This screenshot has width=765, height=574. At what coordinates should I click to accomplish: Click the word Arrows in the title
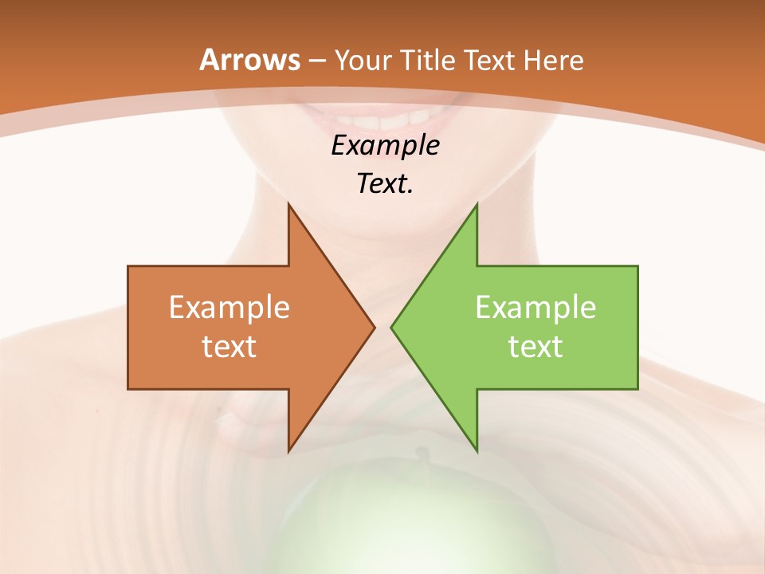(x=249, y=60)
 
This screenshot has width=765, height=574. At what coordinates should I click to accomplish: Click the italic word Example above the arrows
(x=385, y=146)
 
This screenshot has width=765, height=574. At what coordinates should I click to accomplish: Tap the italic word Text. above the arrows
(x=385, y=184)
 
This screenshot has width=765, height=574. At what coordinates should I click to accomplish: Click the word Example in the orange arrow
(x=229, y=308)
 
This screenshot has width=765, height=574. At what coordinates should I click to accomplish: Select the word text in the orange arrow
(x=229, y=347)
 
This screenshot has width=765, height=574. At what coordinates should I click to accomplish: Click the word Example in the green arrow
(x=535, y=308)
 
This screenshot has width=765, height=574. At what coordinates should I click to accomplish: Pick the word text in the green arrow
(x=535, y=347)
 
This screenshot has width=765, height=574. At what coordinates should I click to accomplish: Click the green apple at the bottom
(x=382, y=518)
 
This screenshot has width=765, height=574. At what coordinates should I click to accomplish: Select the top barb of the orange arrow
(x=290, y=209)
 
